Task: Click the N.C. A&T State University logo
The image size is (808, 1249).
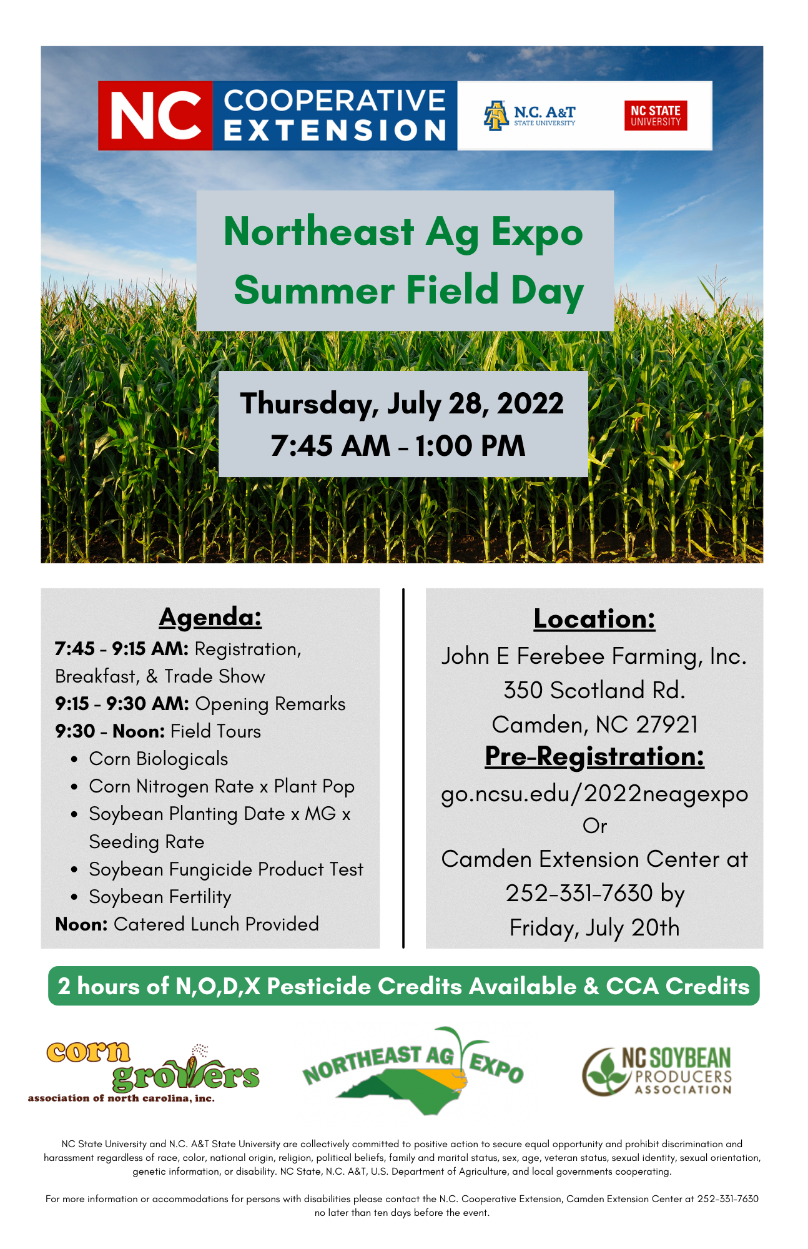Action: pyautogui.click(x=530, y=116)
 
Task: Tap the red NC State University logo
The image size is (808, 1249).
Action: pyautogui.click(x=656, y=116)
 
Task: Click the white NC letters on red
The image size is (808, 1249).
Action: pyautogui.click(x=156, y=116)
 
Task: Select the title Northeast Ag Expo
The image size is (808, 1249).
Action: pyautogui.click(x=403, y=232)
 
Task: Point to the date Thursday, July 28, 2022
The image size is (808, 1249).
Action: pyautogui.click(x=402, y=403)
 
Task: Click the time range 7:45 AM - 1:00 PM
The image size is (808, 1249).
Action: pyautogui.click(x=398, y=446)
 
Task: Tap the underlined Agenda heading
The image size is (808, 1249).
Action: pyautogui.click(x=210, y=618)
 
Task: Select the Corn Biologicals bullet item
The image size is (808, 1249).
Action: pyautogui.click(x=159, y=759)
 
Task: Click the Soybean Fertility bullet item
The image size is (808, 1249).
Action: pyautogui.click(x=160, y=897)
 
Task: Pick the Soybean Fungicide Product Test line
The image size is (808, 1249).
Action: pyautogui.click(x=226, y=869)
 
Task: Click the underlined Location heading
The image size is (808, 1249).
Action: pyautogui.click(x=594, y=619)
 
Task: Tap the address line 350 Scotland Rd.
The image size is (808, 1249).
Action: pyautogui.click(x=594, y=690)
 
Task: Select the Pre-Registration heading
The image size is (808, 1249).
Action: pyautogui.click(x=594, y=756)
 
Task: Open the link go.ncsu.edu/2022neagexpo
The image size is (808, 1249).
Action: pyautogui.click(x=594, y=794)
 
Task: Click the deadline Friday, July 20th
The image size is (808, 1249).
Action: pyautogui.click(x=594, y=928)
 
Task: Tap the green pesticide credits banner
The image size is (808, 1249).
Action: pyautogui.click(x=404, y=986)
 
